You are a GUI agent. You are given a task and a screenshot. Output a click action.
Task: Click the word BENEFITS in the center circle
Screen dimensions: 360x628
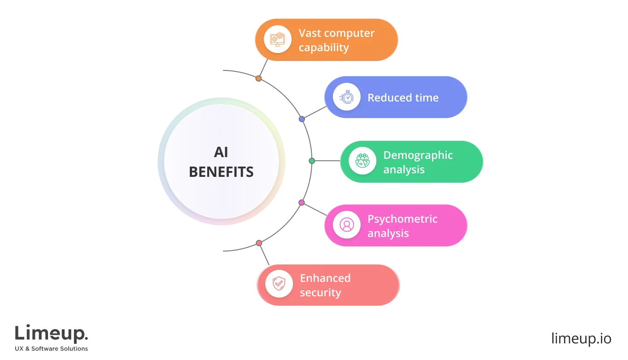click(x=221, y=172)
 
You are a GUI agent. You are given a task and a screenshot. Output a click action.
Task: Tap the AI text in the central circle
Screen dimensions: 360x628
click(x=221, y=153)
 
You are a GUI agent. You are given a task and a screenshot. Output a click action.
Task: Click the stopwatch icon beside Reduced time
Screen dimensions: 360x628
click(x=346, y=97)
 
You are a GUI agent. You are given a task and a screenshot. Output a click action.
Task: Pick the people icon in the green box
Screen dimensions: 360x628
click(x=362, y=161)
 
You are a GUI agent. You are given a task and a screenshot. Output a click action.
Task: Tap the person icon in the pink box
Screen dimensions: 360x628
click(x=346, y=225)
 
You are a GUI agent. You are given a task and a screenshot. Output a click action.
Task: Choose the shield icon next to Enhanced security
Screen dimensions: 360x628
click(x=279, y=284)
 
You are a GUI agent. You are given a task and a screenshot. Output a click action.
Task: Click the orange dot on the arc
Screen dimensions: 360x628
click(x=258, y=79)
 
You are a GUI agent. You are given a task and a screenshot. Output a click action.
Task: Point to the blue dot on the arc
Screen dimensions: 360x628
click(x=302, y=119)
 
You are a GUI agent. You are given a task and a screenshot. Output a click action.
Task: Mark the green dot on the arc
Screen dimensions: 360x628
click(x=312, y=161)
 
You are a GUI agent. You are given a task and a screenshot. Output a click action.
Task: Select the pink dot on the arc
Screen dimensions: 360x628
click(x=301, y=203)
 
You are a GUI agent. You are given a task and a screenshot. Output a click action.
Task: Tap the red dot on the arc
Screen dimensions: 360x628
click(x=259, y=243)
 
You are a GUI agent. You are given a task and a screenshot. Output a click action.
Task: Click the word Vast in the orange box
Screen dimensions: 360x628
click(x=309, y=33)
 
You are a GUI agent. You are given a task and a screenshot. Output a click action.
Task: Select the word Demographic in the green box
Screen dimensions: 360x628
click(x=418, y=155)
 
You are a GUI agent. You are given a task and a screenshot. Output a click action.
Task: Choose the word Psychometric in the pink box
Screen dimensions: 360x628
click(x=402, y=219)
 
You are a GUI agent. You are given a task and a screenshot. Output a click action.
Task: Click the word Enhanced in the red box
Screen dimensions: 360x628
click(x=325, y=278)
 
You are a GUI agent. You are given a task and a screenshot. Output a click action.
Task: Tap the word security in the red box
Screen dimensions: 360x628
click(x=320, y=293)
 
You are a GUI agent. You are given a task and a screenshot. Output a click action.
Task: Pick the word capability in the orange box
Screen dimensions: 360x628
click(x=323, y=48)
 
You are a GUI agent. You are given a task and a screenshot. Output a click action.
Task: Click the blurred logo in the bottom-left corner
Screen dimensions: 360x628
click(x=52, y=337)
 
